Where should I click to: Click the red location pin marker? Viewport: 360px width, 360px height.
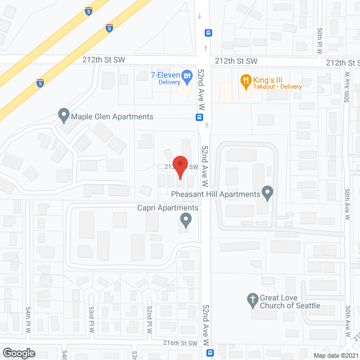pyautogui.click(x=180, y=166)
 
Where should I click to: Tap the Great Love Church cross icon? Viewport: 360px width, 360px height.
pyautogui.click(x=253, y=299)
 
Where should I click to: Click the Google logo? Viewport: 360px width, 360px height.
pyautogui.click(x=18, y=353)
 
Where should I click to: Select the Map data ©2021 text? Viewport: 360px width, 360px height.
pyautogui.click(x=334, y=355)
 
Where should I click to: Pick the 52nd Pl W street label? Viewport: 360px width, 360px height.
pyautogui.click(x=150, y=319)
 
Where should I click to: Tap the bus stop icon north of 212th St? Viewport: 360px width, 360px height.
pyautogui.click(x=208, y=32)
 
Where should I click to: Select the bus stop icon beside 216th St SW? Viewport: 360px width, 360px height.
pyautogui.click(x=210, y=353)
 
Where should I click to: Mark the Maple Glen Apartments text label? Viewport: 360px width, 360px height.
pyautogui.click(x=112, y=117)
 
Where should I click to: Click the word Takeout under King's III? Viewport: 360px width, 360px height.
pyautogui.click(x=263, y=87)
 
